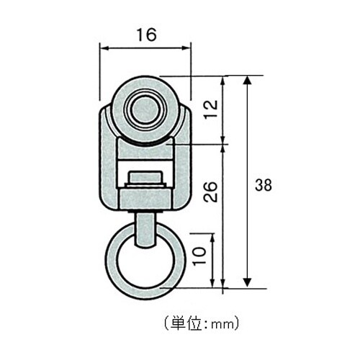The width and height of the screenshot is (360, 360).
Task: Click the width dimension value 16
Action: (x=145, y=34)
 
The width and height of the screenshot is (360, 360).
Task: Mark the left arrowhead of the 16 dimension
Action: (x=103, y=48)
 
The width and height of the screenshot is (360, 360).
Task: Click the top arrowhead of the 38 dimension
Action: (x=248, y=78)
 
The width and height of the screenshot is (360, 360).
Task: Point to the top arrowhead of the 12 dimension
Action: (x=226, y=78)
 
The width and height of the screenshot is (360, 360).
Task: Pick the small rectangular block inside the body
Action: (x=145, y=177)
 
